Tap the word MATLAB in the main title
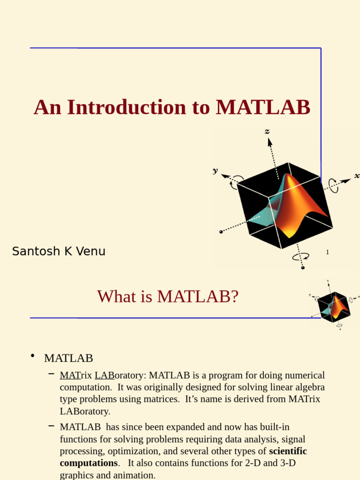pos(262,107)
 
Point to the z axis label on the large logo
pos(267,132)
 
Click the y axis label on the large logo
pos(215,171)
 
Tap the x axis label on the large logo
pos(357,176)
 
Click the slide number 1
pos(328,252)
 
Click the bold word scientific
pos(288,451)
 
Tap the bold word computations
pos(89,463)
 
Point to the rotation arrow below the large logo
pos(300,257)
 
